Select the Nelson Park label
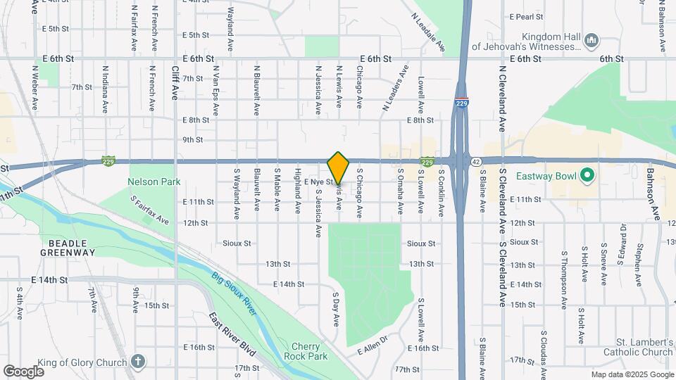point(154,182)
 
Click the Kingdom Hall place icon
point(591,41)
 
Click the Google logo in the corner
point(23,371)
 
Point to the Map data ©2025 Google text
point(632,375)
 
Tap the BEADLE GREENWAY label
point(67,246)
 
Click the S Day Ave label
point(337,310)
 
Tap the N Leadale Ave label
point(428,32)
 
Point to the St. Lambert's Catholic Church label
point(638,347)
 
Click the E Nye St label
point(319,182)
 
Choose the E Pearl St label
point(527,15)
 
